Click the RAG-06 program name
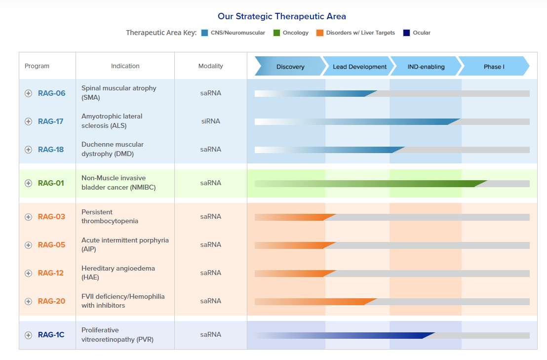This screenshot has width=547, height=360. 51,93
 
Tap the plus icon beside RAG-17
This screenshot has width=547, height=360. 29,121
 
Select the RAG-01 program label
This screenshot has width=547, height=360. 51,183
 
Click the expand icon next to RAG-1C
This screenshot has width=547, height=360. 29,335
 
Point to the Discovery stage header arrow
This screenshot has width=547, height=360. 290,67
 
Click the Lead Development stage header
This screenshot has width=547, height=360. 359,67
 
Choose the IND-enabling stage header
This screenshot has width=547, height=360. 426,67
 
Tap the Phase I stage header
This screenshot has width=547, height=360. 494,67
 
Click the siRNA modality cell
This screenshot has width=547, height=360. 210,121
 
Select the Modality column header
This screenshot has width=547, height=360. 210,66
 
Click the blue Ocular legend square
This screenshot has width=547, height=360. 407,33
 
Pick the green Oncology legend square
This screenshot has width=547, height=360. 276,33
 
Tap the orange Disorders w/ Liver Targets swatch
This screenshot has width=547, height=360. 320,33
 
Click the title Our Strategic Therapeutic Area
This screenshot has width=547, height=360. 282,17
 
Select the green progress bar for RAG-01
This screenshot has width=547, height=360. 370,184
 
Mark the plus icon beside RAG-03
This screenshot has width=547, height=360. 29,217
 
